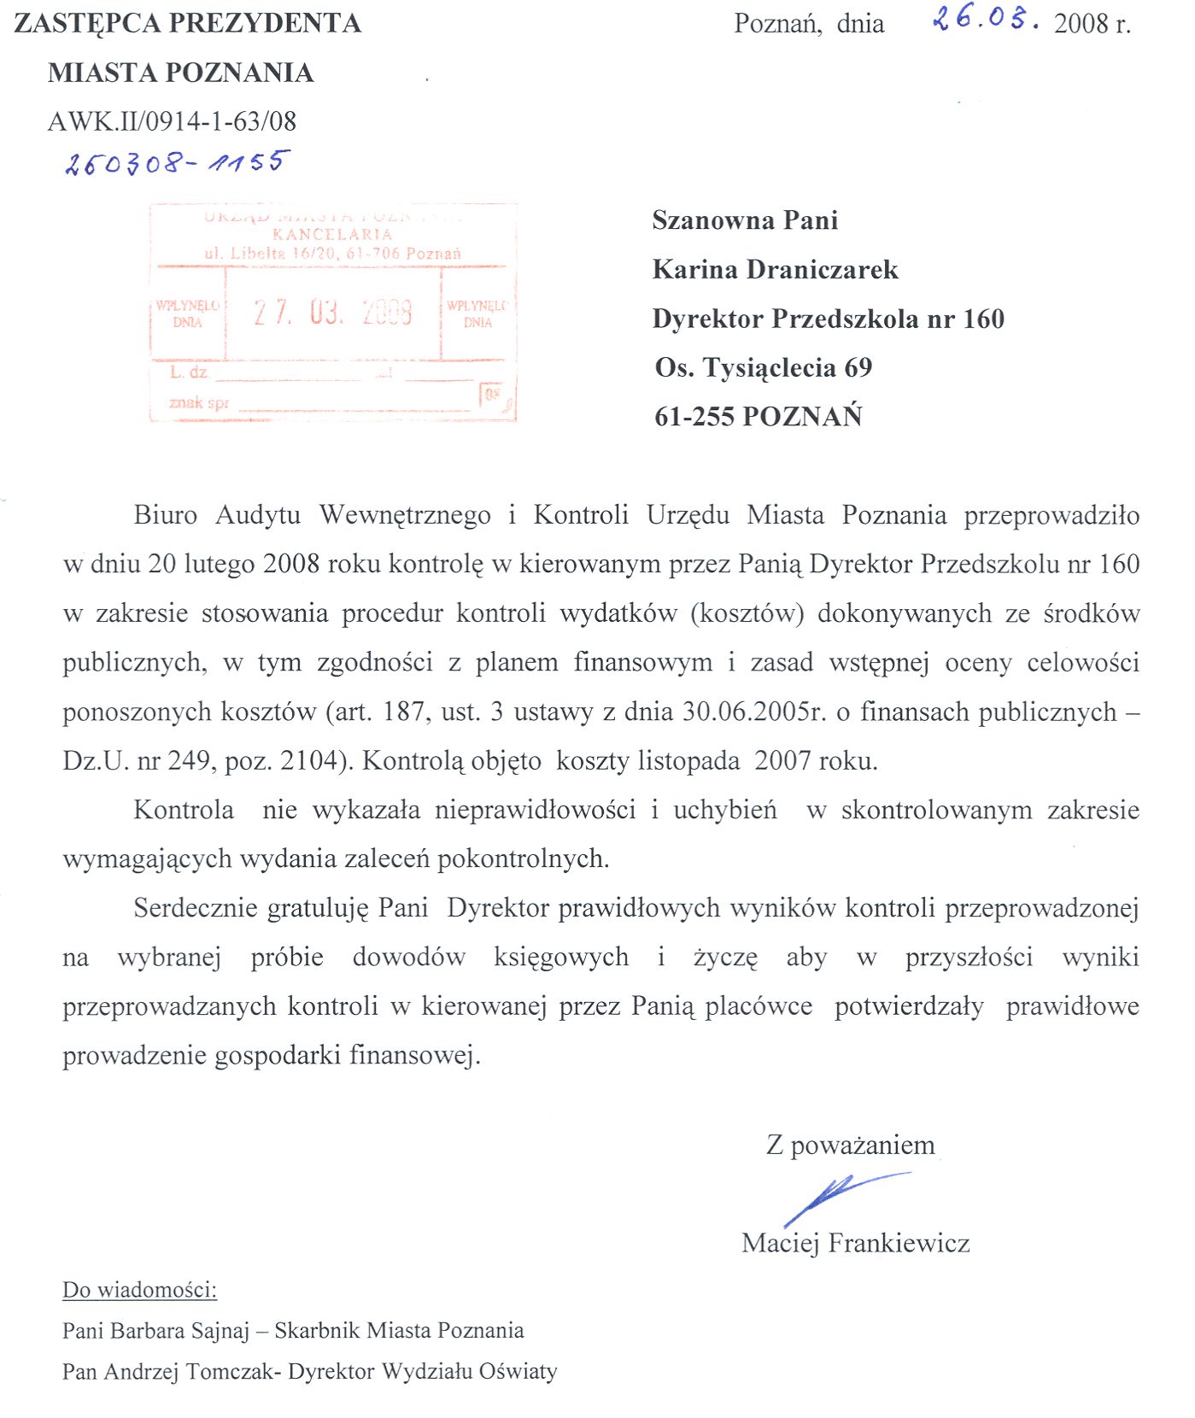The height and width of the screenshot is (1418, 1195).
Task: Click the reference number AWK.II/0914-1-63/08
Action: pyautogui.click(x=172, y=121)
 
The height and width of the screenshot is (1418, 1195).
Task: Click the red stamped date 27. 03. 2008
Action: pyautogui.click(x=333, y=313)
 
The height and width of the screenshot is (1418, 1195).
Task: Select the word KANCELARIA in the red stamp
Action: pyautogui.click(x=332, y=234)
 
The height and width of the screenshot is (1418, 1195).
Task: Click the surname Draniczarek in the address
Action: pyautogui.click(x=822, y=270)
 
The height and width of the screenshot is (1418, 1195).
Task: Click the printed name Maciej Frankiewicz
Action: pyautogui.click(x=855, y=1243)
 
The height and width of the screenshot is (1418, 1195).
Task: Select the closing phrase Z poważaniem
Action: pyautogui.click(x=850, y=1145)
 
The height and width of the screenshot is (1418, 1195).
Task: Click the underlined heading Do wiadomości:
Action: pyautogui.click(x=140, y=1290)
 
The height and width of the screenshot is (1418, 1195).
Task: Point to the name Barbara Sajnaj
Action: pyautogui.click(x=179, y=1331)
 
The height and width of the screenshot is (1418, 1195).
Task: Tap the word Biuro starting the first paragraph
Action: pyautogui.click(x=165, y=515)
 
